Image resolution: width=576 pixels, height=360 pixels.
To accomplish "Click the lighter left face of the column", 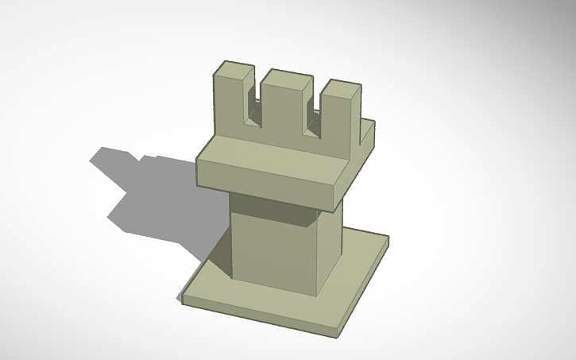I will pyautogui.click(x=270, y=246).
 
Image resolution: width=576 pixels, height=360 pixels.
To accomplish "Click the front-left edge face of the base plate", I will pyautogui.click(x=254, y=315).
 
